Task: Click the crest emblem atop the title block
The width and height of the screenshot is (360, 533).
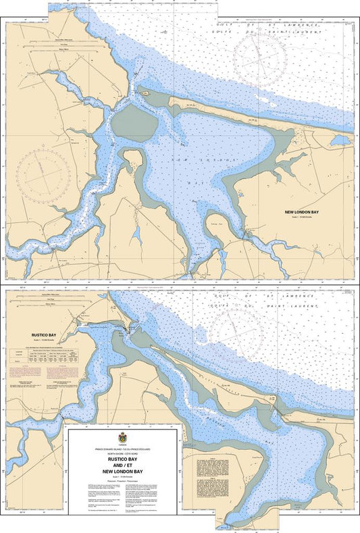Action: click(122, 436)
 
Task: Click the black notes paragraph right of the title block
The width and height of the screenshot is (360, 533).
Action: click(205, 472)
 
